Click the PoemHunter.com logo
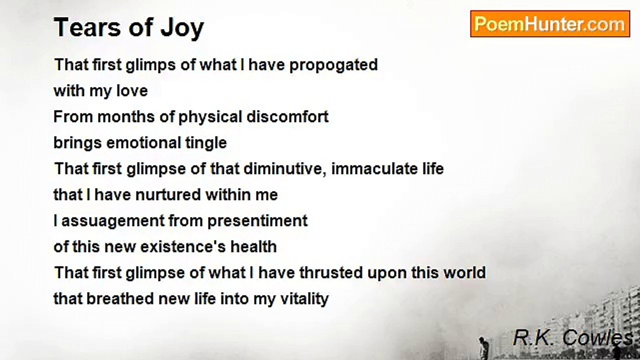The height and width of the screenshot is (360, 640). click(x=550, y=24)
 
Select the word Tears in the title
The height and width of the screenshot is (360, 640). click(x=87, y=27)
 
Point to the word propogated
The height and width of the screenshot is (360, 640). click(x=333, y=65)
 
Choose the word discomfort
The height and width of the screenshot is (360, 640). click(x=287, y=117)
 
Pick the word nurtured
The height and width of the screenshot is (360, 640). click(x=168, y=195)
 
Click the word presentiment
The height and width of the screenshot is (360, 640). click(x=257, y=221)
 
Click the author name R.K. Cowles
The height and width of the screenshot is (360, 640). click(x=572, y=337)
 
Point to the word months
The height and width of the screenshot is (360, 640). click(x=126, y=117)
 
